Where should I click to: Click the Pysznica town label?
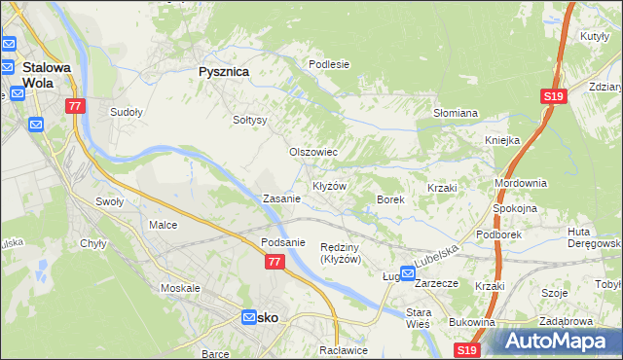(224, 72)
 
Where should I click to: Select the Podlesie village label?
(329, 64)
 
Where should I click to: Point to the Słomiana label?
(455, 113)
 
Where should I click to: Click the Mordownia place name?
(521, 183)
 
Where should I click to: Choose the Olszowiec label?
(313, 153)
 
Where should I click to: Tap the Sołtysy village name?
(250, 121)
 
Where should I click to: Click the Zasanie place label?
(281, 198)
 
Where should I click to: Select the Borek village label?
(390, 199)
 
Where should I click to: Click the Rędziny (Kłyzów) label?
(342, 253)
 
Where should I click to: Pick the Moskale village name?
(180, 289)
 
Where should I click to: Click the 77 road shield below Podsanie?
(275, 262)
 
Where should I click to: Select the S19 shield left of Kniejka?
(553, 96)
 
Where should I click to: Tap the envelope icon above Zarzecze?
(408, 275)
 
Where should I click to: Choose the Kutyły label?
(593, 36)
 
